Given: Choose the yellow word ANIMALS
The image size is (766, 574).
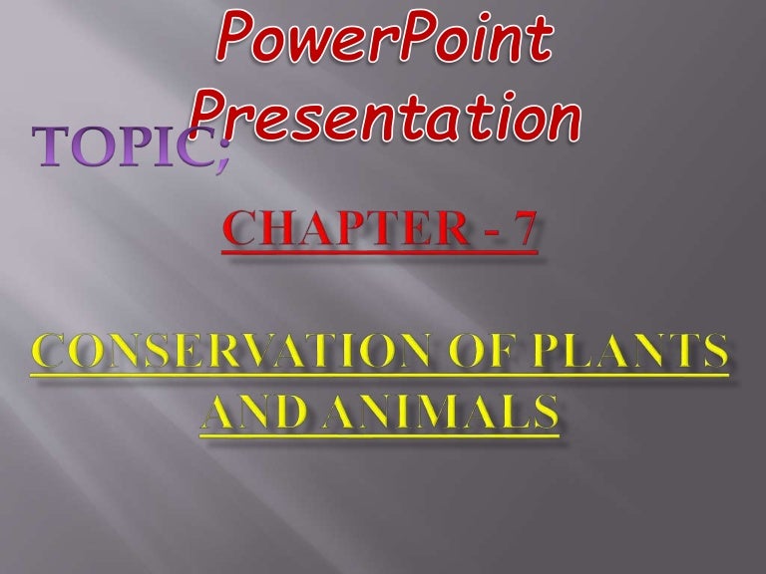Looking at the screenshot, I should coord(439,412).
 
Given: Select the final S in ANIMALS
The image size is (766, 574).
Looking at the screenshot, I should coord(542,412).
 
